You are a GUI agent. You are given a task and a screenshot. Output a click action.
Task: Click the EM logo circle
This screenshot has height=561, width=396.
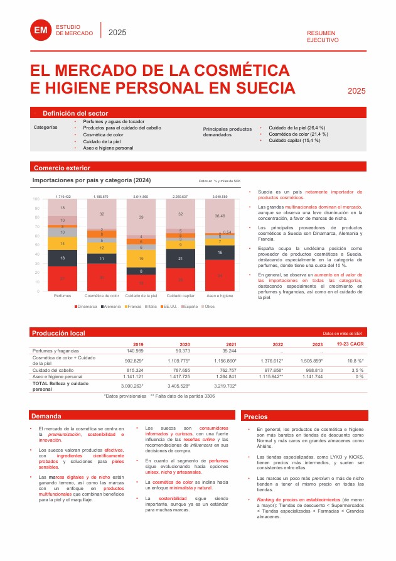coord(41,30)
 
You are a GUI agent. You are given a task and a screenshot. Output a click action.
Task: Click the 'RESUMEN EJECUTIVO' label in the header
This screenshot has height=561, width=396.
coord(323,36)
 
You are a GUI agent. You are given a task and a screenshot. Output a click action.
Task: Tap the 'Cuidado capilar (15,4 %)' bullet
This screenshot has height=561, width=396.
coord(294,141)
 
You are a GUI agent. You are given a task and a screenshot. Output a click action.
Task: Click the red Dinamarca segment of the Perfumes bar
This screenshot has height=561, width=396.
coord(62,278)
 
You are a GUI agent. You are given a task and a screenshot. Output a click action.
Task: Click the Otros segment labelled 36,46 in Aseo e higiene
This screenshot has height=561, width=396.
coord(220,215)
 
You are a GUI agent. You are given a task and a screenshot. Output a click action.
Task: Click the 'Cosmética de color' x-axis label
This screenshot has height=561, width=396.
coord(102,295)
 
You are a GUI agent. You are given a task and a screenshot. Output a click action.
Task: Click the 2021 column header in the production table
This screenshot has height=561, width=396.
coord(231,344)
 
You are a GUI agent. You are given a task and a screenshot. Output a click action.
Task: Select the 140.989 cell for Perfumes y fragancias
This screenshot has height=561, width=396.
coord(135,351)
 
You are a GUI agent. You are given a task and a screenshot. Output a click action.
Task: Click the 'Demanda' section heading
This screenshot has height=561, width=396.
coord(46,416)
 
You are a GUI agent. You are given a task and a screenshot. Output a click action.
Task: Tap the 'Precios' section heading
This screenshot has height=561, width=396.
coord(255,416)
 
